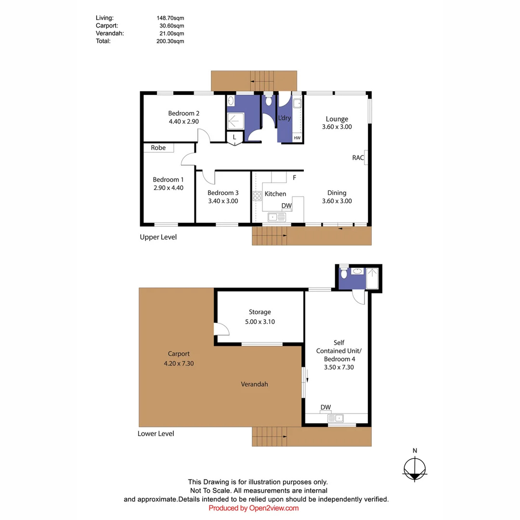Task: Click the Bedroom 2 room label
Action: (x=183, y=114)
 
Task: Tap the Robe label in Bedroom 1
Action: (x=158, y=148)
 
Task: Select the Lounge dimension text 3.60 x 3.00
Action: (x=337, y=127)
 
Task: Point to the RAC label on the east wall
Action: (x=358, y=157)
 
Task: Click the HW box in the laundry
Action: (x=297, y=138)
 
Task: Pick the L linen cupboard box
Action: (x=234, y=137)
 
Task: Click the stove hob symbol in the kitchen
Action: (x=257, y=195)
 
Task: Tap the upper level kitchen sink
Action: (x=276, y=218)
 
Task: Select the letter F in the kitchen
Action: (x=294, y=178)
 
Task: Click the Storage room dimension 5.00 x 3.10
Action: (x=260, y=322)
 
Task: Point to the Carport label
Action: (x=179, y=353)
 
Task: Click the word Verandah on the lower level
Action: (x=254, y=384)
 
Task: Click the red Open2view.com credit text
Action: (x=254, y=508)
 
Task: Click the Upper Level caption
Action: (x=158, y=237)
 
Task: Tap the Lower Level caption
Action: (x=156, y=433)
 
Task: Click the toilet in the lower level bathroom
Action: (x=344, y=273)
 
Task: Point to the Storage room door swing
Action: (x=221, y=329)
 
